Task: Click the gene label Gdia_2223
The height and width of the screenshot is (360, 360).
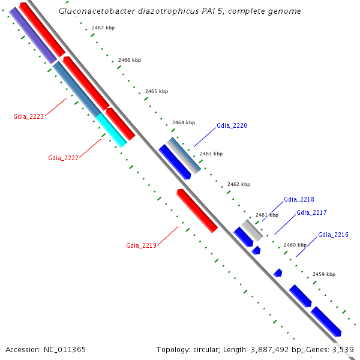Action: click(28, 116)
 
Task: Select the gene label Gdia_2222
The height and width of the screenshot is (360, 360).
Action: click(63, 158)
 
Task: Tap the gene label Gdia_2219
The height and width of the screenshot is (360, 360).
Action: click(141, 245)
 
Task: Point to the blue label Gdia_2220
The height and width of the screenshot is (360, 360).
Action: click(232, 126)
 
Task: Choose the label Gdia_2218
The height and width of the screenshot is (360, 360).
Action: click(299, 199)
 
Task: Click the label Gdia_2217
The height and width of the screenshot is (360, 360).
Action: click(311, 212)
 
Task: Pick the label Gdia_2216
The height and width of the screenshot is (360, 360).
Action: click(333, 235)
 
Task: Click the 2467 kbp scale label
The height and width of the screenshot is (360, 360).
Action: click(103, 28)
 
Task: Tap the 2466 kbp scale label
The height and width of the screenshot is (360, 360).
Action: click(130, 60)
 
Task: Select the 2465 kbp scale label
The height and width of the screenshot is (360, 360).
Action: click(157, 91)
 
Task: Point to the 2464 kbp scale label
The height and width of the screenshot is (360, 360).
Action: click(184, 122)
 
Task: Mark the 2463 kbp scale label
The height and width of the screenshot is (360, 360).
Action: click(211, 154)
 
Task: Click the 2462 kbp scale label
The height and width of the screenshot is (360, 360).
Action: click(239, 184)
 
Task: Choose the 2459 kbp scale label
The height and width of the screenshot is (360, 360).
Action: click(324, 274)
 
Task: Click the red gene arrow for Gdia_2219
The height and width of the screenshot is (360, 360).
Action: click(197, 210)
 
